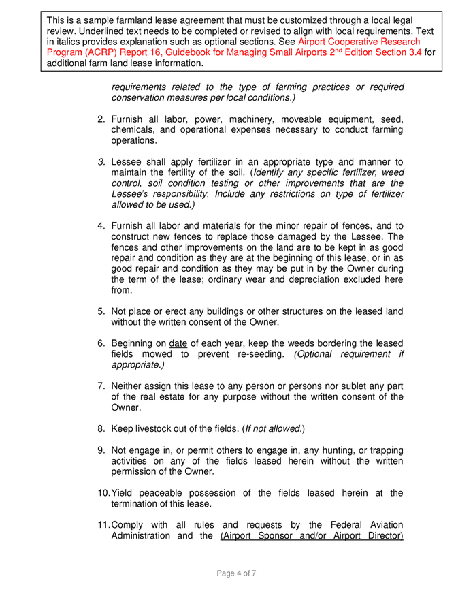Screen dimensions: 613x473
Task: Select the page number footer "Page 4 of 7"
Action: pyautogui.click(x=236, y=573)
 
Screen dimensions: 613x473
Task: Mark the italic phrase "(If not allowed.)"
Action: pyautogui.click(x=274, y=428)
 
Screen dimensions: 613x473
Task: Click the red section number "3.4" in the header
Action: pyautogui.click(x=413, y=52)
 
